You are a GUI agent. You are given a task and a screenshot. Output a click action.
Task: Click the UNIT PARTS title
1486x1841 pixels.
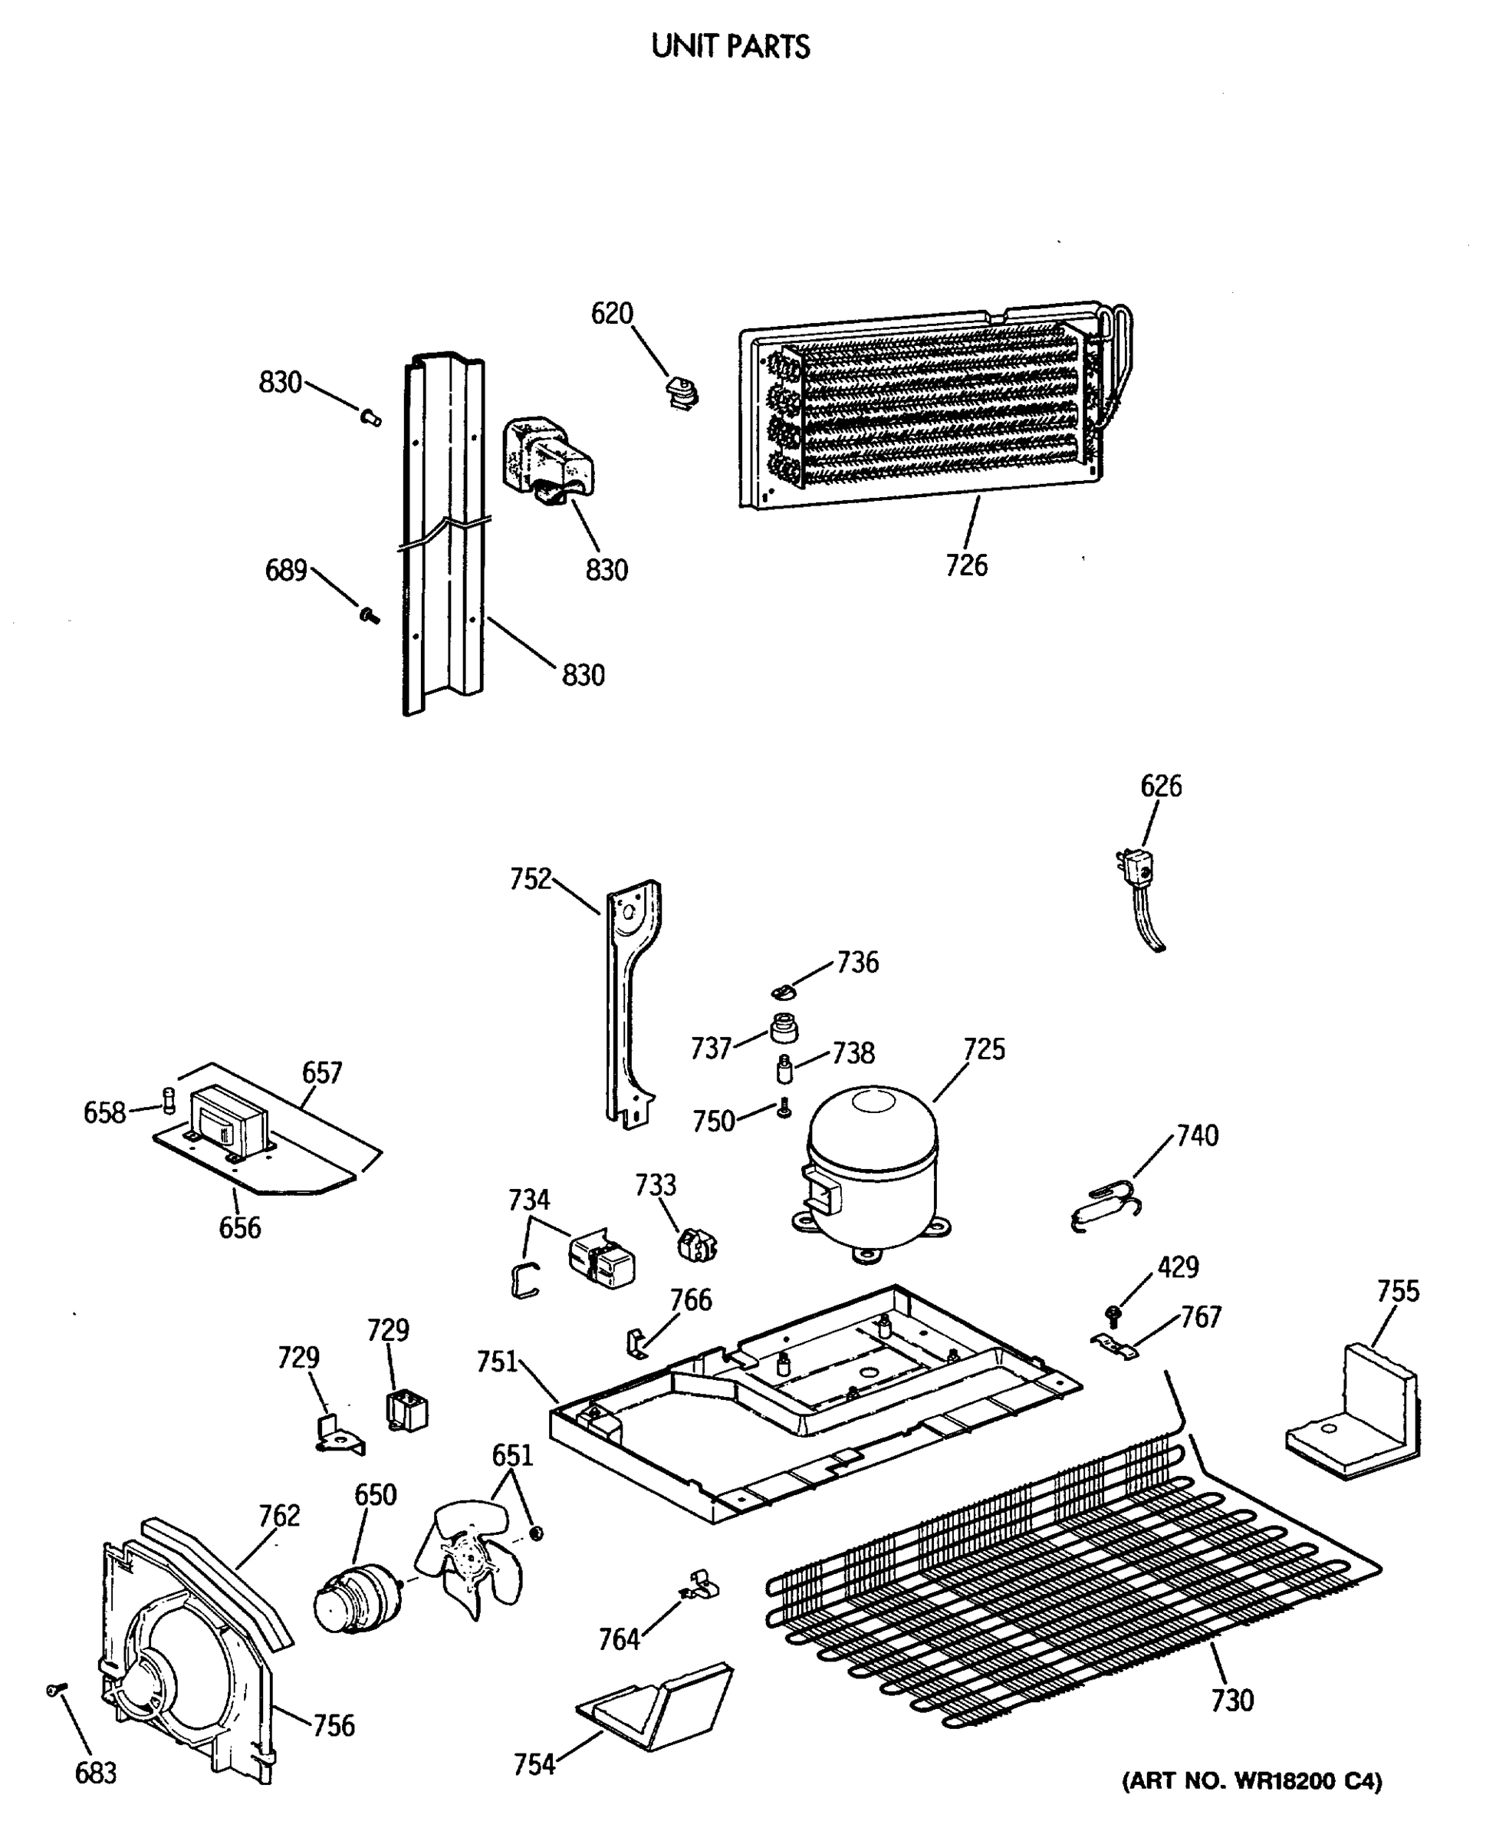(x=730, y=46)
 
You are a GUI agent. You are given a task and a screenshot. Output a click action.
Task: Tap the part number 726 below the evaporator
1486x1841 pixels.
(x=966, y=566)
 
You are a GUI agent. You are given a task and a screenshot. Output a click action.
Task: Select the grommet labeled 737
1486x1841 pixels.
(x=782, y=1028)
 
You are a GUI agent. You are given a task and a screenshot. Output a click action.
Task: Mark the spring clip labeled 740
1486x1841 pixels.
(x=1104, y=1207)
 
